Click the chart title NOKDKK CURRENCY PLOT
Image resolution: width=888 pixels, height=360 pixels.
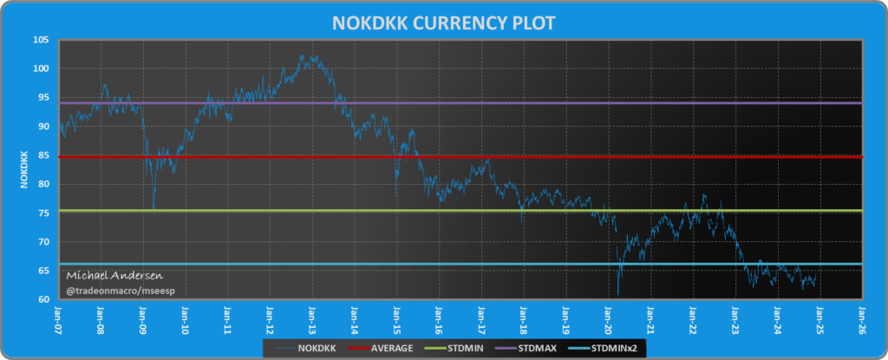tap(443, 21)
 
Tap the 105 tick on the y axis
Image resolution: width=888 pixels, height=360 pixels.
tap(42, 40)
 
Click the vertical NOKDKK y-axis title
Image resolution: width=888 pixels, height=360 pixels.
tap(23, 170)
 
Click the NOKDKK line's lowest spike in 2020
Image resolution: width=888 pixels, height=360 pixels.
tap(618, 295)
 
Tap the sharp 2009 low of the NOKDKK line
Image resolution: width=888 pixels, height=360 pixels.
tap(153, 209)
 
